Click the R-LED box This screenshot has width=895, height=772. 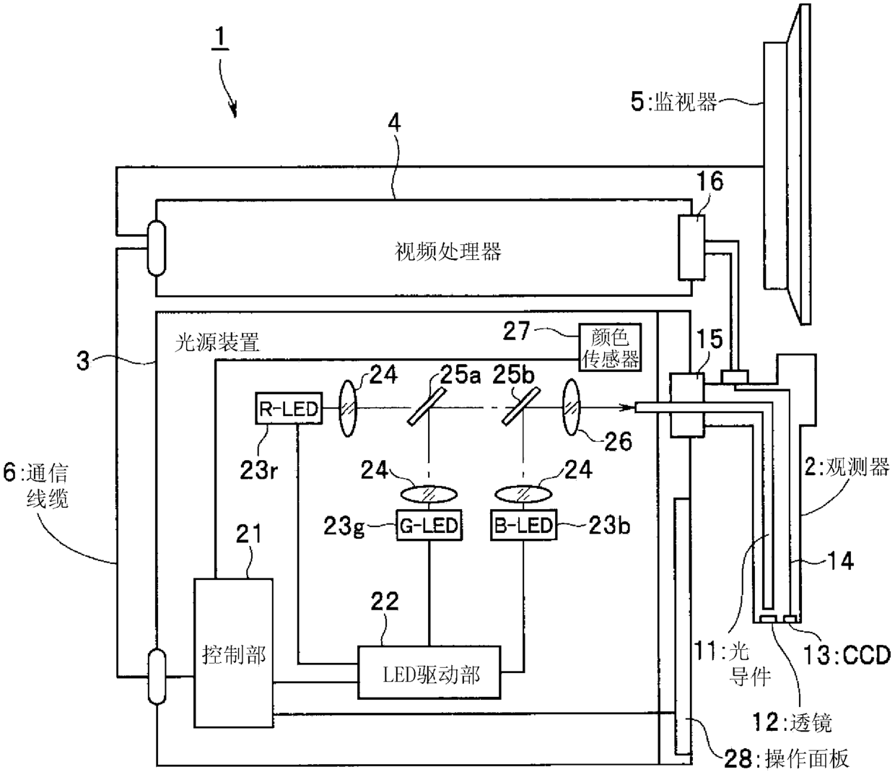pos(288,409)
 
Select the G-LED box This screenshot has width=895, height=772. pos(429,525)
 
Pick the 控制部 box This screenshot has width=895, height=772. pos(233,653)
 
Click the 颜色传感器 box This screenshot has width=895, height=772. pos(610,347)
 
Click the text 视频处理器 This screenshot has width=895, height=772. pos(447,251)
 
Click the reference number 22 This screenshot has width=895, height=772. pos(384,604)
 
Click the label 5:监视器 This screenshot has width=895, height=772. pos(673,103)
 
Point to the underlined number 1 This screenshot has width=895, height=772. pos(219,37)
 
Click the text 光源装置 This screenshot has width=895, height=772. pos(217,343)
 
